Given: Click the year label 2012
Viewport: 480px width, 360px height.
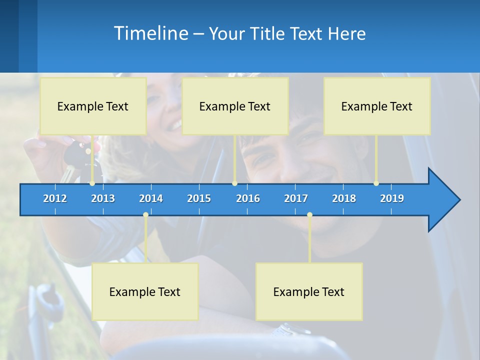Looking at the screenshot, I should pos(55,198).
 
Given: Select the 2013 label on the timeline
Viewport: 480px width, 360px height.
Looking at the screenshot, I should pos(103,198).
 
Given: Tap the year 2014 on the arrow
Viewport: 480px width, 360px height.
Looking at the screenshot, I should pos(151,198).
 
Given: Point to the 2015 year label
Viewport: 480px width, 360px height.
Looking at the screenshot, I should pos(199,198).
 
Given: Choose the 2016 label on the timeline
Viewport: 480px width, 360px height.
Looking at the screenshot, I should pos(248,198).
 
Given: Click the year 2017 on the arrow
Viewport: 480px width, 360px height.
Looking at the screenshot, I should pos(296,198).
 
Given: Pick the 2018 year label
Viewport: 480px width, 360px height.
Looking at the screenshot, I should pos(344,198).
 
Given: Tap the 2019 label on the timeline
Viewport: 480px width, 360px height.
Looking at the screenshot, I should pos(392,198).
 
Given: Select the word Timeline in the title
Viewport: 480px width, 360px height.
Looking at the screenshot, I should pos(150,33).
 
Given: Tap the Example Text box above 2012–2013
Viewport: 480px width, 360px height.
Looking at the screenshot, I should pos(93,106).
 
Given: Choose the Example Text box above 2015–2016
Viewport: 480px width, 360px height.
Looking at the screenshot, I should pos(235,106).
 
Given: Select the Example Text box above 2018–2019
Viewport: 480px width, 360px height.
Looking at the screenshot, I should pos(377,106).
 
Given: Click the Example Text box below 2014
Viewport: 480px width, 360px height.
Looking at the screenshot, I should pos(145,291).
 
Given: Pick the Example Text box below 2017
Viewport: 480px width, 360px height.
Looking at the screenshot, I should pos(309,291).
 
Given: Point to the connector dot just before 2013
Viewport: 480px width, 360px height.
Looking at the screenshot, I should pos(92,183).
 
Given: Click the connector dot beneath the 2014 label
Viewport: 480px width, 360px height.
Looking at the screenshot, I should pos(145,215).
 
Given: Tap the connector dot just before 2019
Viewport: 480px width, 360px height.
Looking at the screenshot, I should pos(376,183).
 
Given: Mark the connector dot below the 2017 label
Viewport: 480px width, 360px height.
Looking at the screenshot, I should pos(309,215).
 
